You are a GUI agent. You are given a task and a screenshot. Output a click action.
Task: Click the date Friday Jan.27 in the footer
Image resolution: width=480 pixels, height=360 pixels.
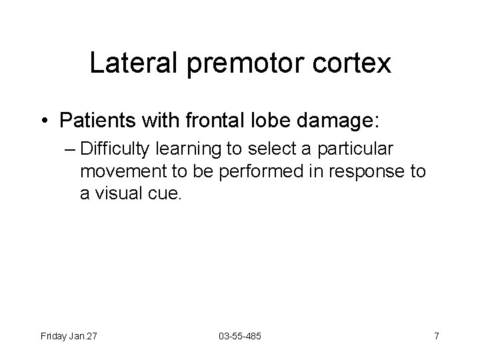click(x=69, y=336)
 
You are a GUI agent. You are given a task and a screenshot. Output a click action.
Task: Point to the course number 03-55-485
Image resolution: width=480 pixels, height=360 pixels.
click(x=239, y=336)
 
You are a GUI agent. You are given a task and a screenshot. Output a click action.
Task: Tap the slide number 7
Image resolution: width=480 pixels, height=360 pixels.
click(x=436, y=336)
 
